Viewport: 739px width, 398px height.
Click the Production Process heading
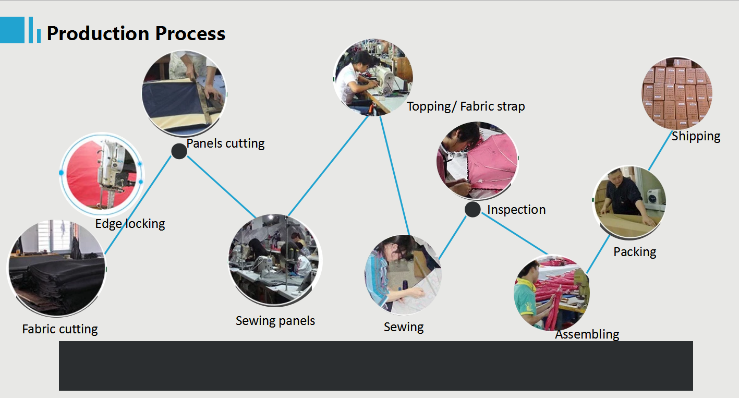pyautogui.click(x=136, y=33)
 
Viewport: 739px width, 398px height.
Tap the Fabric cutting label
pyautogui.click(x=59, y=329)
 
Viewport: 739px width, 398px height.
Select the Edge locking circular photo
pyautogui.click(x=102, y=174)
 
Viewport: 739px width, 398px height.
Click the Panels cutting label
pyautogui.click(x=225, y=143)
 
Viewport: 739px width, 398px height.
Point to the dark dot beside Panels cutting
pyautogui.click(x=179, y=151)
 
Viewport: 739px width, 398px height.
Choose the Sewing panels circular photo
pyautogui.click(x=275, y=260)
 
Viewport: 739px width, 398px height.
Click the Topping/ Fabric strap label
pyautogui.click(x=466, y=106)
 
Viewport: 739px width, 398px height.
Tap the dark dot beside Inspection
pyautogui.click(x=473, y=209)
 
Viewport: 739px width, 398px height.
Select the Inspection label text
pyautogui.click(x=516, y=210)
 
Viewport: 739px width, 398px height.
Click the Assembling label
pyautogui.click(x=587, y=334)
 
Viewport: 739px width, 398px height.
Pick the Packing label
pyautogui.click(x=635, y=252)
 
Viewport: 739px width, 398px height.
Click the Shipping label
pyautogui.click(x=696, y=136)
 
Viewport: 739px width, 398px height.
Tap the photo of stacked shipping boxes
pyautogui.click(x=676, y=93)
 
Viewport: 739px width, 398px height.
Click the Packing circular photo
pyautogui.click(x=629, y=202)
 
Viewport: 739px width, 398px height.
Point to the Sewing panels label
pyautogui.click(x=275, y=321)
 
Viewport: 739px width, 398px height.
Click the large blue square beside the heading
pyautogui.click(x=12, y=30)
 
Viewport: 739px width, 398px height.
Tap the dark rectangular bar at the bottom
pyautogui.click(x=376, y=366)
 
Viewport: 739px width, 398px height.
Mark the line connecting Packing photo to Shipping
pyautogui.click(x=660, y=151)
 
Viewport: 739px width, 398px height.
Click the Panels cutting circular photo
pyautogui.click(x=184, y=93)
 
